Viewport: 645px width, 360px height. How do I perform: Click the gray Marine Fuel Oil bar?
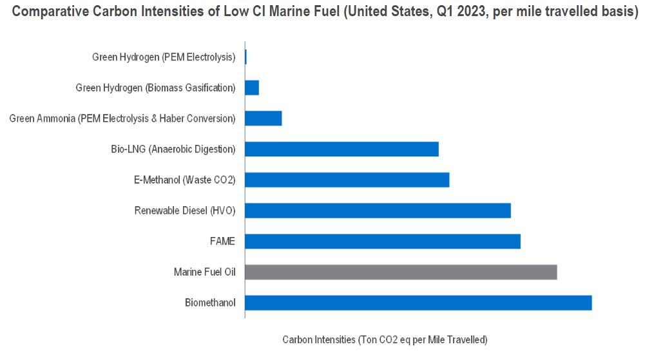[401, 272]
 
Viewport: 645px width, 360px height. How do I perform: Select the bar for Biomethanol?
[418, 303]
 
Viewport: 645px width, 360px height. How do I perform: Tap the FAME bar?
[383, 242]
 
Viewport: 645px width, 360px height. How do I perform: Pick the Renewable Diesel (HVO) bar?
[378, 211]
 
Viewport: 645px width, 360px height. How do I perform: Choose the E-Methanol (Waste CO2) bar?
[347, 180]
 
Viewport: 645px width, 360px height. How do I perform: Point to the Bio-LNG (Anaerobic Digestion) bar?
[342, 149]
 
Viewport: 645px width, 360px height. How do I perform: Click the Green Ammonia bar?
[264, 118]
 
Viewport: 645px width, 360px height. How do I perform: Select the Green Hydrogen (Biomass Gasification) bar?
[252, 88]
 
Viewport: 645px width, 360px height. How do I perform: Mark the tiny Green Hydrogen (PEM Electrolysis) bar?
[246, 57]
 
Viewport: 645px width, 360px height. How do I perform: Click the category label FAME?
[222, 242]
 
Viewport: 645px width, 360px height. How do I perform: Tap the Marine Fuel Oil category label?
[204, 272]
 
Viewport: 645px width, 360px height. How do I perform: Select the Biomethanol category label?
[210, 303]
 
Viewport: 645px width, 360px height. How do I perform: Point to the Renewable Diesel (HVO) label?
[185, 211]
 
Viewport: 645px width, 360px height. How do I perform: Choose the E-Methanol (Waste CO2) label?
[184, 180]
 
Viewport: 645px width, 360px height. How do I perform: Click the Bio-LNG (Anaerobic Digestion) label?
[173, 149]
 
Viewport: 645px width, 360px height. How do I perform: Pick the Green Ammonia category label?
[122, 118]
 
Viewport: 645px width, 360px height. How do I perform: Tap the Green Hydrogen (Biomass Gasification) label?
[155, 88]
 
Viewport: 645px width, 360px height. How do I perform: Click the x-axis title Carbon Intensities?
[385, 339]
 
